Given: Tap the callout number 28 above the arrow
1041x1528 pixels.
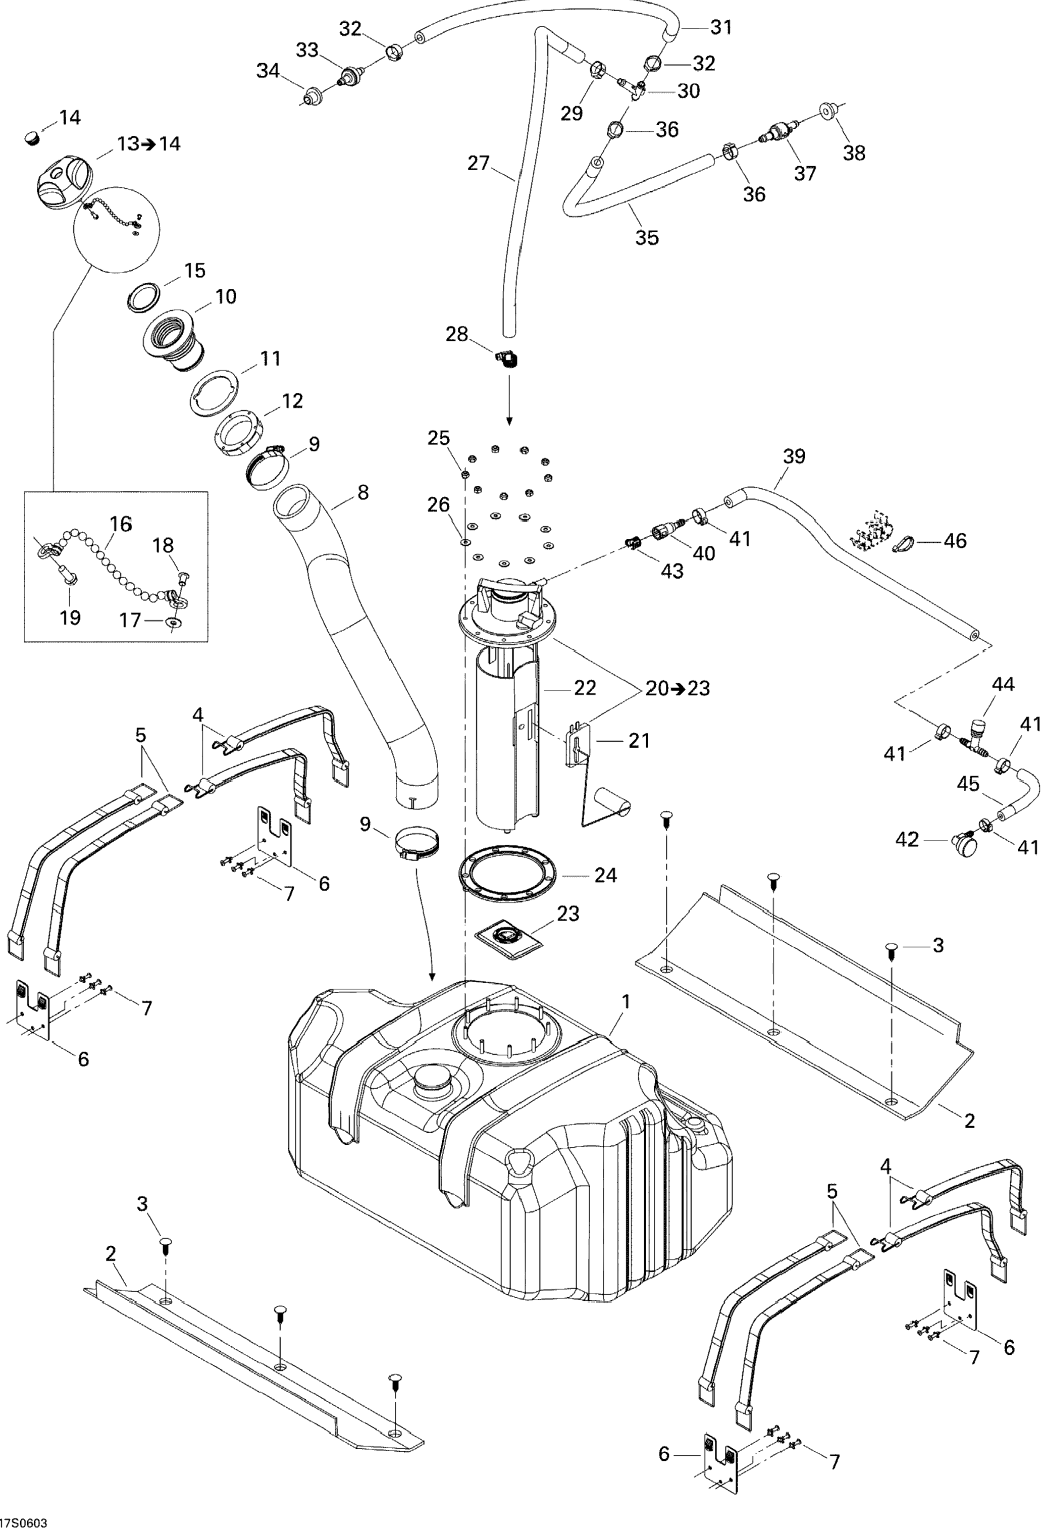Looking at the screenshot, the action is [x=457, y=335].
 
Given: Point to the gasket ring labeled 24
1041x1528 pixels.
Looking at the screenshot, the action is [x=508, y=875].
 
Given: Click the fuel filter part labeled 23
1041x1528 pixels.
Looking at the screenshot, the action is [x=509, y=936].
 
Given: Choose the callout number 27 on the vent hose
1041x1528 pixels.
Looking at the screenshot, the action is [x=479, y=163].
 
